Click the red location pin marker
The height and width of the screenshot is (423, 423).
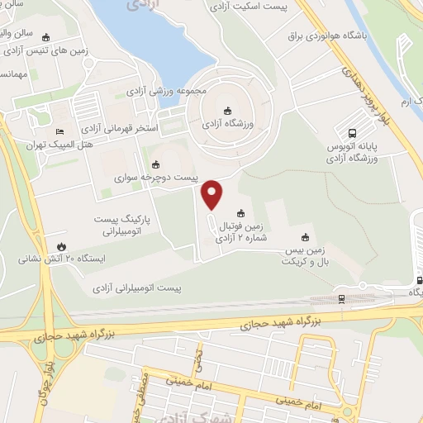[x=212, y=194]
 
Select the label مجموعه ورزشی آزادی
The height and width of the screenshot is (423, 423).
[x=172, y=90]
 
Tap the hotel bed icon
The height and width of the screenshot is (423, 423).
[x=59, y=132]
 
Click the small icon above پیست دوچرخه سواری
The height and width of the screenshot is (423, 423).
[x=156, y=164]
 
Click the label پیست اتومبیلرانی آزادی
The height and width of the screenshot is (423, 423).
[x=138, y=288]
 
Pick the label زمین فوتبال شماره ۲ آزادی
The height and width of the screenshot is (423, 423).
[x=241, y=231]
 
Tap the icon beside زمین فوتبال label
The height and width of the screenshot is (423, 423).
[x=240, y=211]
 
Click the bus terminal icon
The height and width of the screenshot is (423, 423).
[x=353, y=132]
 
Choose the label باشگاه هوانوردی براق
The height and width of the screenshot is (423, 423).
[x=322, y=37]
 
